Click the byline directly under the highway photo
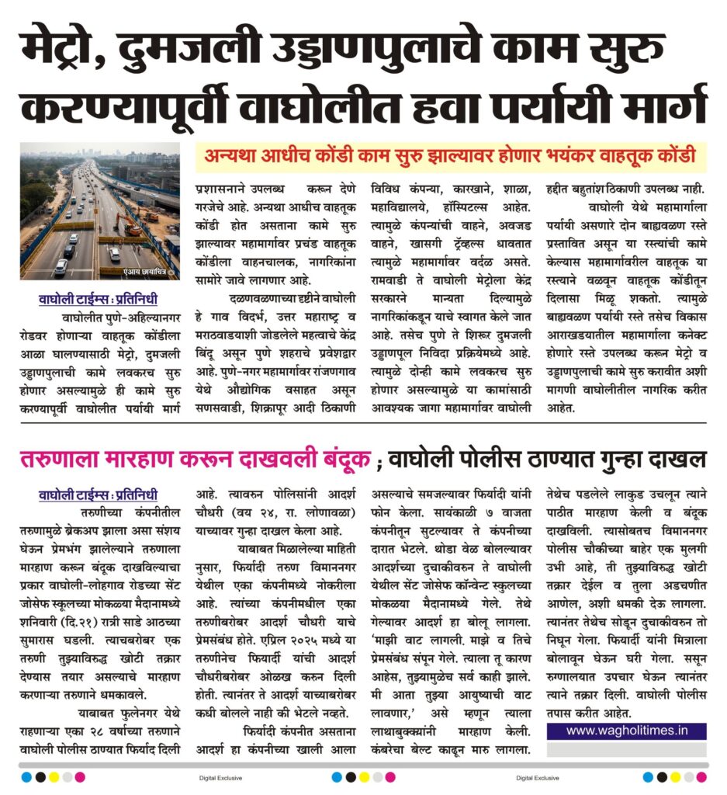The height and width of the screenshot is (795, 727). (x=99, y=299)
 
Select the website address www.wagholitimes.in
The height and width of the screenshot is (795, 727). (x=626, y=731)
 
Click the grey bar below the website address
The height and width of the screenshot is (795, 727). (x=626, y=748)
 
